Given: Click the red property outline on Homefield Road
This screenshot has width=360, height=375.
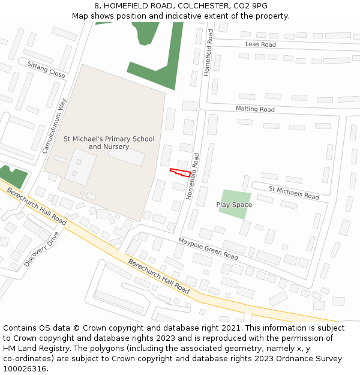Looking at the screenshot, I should [x=181, y=172].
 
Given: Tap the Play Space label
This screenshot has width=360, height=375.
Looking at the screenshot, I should [x=234, y=205].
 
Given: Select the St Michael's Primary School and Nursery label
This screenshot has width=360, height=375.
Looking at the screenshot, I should [x=109, y=143].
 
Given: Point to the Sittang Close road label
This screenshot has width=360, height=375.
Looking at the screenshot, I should [x=46, y=70].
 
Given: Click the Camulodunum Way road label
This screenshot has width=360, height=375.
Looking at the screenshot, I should [x=53, y=126].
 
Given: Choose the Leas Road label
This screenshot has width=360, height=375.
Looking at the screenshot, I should [x=260, y=44].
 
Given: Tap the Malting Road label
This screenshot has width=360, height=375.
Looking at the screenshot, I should [x=255, y=109].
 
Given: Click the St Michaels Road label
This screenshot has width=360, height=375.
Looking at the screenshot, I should [x=293, y=193].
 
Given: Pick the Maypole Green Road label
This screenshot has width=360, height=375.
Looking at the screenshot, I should [x=208, y=248].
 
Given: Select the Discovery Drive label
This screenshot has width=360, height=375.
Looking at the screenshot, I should [x=42, y=249].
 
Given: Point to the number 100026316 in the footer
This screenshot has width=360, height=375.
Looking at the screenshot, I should [x=25, y=369].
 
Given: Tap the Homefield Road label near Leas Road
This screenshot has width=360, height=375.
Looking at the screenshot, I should [x=208, y=53].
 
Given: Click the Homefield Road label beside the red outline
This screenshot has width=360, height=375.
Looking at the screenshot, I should [x=193, y=176].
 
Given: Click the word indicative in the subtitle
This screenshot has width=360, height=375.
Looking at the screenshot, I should [x=193, y=16].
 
